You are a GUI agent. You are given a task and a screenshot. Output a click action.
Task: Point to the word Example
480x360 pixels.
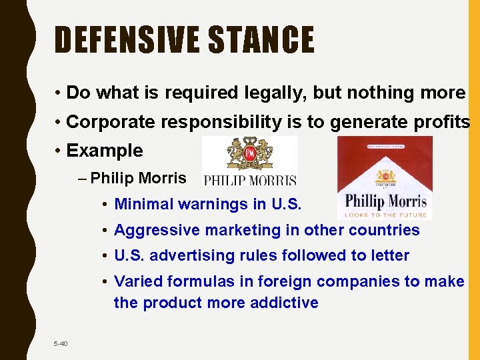click(105, 151)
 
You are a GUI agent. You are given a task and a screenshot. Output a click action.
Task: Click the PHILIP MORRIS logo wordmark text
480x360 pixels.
click(249, 180)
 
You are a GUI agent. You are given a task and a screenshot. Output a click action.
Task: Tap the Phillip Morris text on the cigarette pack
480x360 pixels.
click(386, 200)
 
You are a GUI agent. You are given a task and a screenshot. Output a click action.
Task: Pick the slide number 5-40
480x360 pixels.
click(61, 343)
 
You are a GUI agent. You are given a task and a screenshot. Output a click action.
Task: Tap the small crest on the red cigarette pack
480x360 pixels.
click(385, 176)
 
